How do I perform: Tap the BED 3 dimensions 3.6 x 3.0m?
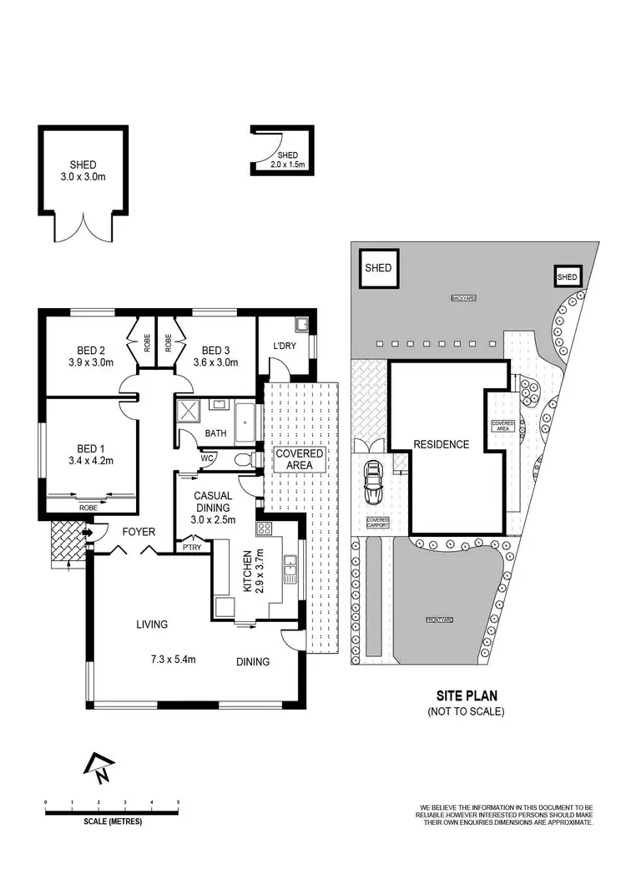tap(216, 362)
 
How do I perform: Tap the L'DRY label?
tap(275, 345)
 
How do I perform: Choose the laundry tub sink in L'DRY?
tap(300, 324)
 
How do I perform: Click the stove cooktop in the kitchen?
tap(264, 528)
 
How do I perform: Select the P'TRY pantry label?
tap(191, 548)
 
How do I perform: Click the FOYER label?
tap(139, 531)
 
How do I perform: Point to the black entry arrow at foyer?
tap(88, 532)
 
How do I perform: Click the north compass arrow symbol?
tap(100, 766)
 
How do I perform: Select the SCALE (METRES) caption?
tap(113, 822)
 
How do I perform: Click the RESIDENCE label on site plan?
tap(442, 444)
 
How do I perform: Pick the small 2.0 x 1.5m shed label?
tap(288, 160)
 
